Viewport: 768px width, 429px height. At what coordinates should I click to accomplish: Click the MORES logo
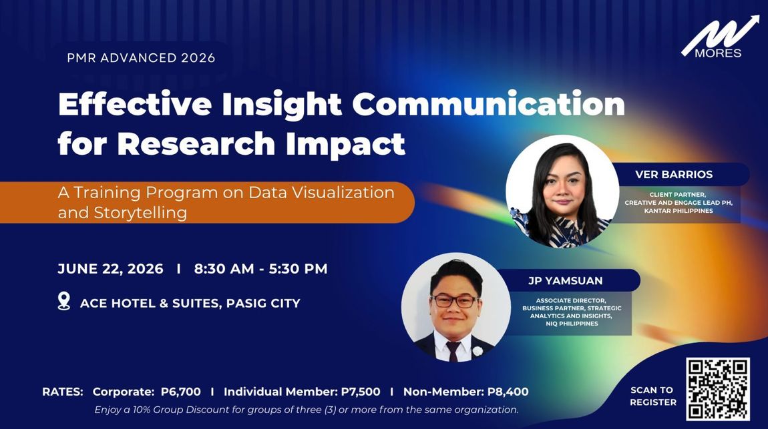click(719, 37)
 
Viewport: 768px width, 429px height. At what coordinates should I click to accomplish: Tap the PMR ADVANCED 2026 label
click(141, 58)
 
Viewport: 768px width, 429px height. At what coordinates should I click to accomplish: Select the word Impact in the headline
click(345, 145)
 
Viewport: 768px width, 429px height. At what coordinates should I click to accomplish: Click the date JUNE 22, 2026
click(111, 269)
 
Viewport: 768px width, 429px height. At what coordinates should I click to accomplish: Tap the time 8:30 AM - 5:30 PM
click(260, 269)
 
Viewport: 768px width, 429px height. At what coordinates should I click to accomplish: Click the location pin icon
click(63, 301)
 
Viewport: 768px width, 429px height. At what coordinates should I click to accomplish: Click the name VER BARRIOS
click(674, 174)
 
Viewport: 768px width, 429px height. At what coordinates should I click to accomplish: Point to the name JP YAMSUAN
click(565, 281)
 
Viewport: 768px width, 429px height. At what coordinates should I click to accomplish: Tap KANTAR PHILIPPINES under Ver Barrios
click(679, 210)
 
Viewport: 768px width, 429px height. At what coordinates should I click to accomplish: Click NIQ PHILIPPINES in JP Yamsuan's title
click(572, 324)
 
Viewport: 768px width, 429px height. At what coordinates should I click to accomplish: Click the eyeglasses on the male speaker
click(455, 301)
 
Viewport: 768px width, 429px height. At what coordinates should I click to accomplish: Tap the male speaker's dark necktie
click(453, 351)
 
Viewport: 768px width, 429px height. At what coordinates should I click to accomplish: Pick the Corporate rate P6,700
click(181, 392)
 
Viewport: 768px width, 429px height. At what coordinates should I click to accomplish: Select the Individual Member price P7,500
click(361, 392)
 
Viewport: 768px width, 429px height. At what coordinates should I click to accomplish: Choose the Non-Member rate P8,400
click(508, 392)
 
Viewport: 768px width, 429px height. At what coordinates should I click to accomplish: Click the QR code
click(717, 389)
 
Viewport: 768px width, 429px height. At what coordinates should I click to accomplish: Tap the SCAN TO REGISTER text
click(653, 396)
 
